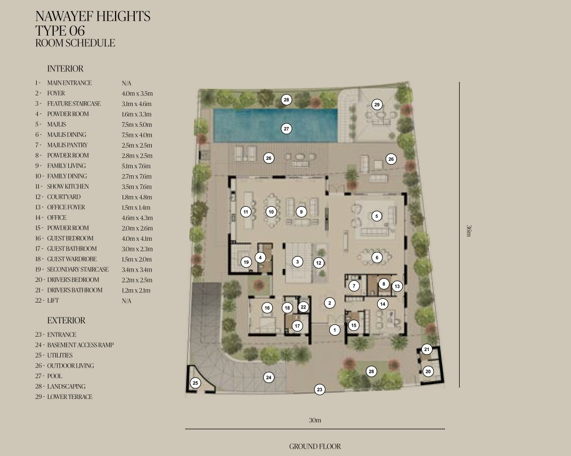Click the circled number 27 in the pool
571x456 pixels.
coord(286,128)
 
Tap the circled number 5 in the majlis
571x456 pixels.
coord(377,216)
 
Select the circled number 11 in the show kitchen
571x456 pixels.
coord(246,211)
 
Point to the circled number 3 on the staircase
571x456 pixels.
coord(298,262)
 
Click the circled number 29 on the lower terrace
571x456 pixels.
coord(377,104)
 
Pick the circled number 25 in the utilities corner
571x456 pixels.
coord(195,383)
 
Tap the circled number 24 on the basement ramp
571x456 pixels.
coord(269,377)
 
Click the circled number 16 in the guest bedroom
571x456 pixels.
coord(267,308)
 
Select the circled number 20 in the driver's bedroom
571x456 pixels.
coord(428,371)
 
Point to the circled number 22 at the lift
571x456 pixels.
coord(304,307)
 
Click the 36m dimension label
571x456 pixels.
coord(469,231)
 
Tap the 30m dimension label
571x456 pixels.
coord(315,420)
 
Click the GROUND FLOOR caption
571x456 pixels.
coord(315,446)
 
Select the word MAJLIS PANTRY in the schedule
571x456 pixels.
coord(67,145)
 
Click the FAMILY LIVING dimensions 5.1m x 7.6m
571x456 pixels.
coord(136,166)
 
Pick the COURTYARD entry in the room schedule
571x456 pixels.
coord(64,197)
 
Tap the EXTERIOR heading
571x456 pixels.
coord(66,321)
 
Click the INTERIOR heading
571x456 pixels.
coord(65,69)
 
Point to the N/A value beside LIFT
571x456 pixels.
coord(126,301)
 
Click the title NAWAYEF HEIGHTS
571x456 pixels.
coord(93,17)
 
